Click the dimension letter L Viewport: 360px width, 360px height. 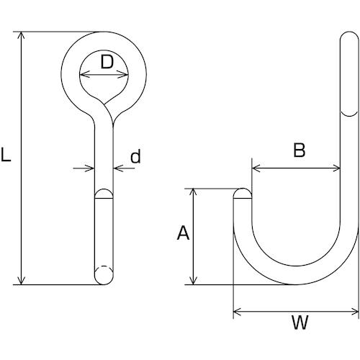[6, 155]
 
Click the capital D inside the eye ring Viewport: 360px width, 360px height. [107, 62]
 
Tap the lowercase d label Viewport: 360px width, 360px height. [135, 156]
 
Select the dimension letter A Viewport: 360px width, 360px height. [183, 233]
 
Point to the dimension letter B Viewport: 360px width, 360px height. [300, 150]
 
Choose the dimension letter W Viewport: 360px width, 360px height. [300, 323]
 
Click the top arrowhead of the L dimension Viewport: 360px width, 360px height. [22, 35]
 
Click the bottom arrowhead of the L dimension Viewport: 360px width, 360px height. [22, 282]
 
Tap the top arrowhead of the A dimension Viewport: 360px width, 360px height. [193, 192]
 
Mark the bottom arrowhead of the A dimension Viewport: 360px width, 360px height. [193, 282]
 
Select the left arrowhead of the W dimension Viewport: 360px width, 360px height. [237, 312]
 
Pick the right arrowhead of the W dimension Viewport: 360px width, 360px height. [355, 312]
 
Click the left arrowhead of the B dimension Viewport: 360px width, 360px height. [256, 168]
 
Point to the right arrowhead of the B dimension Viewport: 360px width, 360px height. [336, 168]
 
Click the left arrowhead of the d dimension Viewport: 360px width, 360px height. [91, 168]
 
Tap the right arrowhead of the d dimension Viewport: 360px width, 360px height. [117, 168]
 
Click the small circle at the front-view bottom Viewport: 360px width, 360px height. [104, 275]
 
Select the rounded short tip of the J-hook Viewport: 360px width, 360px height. [243, 194]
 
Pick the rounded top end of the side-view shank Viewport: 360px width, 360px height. [349, 37]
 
